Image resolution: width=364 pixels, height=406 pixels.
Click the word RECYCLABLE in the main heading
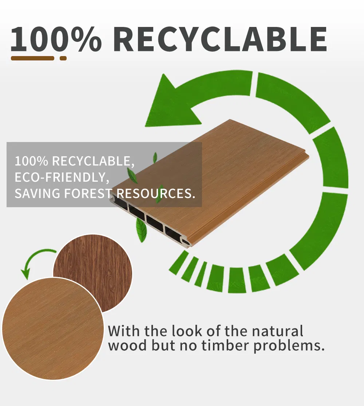click(220, 39)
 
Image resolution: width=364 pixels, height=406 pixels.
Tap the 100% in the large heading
click(56, 39)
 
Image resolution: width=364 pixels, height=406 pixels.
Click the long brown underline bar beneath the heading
click(32, 58)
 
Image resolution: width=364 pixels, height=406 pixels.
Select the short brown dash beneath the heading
click(63, 58)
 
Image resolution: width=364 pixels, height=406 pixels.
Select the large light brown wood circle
click(53, 328)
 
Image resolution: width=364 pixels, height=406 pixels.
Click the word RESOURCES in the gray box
click(154, 193)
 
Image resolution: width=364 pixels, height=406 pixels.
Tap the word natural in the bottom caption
click(277, 331)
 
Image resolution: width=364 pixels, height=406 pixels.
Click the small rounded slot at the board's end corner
click(186, 242)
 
